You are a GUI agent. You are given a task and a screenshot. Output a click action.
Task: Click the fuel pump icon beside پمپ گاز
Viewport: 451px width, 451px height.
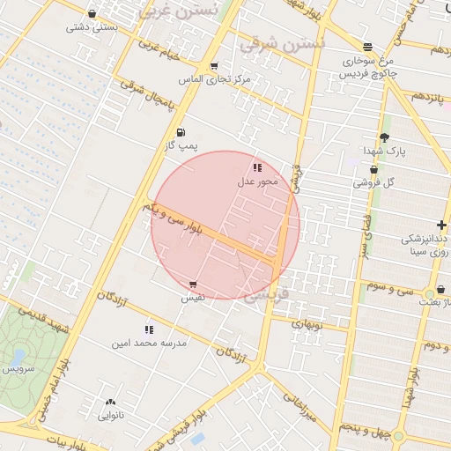(x=181, y=133)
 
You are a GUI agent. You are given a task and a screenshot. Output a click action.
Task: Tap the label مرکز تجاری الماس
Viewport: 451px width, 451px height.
(x=215, y=79)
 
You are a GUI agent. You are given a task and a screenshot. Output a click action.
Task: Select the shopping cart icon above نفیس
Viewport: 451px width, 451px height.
(x=193, y=285)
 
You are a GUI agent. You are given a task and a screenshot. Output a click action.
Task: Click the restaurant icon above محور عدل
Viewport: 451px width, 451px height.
(x=257, y=166)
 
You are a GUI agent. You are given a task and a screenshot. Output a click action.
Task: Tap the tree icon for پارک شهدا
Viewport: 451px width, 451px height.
(x=384, y=137)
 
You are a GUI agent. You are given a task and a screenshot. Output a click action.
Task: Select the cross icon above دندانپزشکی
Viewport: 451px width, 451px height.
(x=441, y=225)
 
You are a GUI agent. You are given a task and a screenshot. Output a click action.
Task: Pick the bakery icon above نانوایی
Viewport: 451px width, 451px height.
(x=109, y=402)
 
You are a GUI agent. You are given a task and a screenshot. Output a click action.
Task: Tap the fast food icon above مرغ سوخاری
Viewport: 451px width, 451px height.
(x=367, y=47)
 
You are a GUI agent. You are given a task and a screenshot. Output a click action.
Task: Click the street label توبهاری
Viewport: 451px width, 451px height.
(x=307, y=323)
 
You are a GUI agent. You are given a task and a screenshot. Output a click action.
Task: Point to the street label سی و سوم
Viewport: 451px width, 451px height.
(x=390, y=288)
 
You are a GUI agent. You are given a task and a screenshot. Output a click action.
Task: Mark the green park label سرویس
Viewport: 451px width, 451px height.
(x=18, y=368)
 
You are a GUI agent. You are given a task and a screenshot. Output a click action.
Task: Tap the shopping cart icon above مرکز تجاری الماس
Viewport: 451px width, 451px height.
(x=214, y=66)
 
